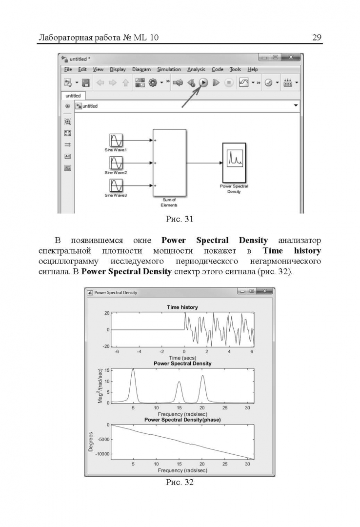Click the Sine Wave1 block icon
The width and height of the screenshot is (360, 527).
[116, 141]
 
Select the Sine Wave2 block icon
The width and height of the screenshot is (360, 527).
[116, 163]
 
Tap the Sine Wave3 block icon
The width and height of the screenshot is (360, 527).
[116, 186]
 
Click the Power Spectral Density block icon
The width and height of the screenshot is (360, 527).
[234, 162]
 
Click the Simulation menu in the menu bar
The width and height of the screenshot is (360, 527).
[169, 70]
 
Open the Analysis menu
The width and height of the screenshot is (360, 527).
[196, 70]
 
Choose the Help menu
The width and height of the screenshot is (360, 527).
[252, 70]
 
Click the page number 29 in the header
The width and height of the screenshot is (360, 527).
[317, 38]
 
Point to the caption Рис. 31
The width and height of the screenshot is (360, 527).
[180, 219]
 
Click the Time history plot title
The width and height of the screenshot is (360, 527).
[182, 307]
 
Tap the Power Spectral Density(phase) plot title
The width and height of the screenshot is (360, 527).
[182, 420]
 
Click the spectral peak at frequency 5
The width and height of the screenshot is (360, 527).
[133, 370]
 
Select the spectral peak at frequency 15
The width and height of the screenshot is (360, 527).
[179, 382]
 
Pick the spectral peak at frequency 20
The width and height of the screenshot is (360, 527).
[202, 376]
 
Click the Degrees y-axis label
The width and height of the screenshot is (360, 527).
[91, 441]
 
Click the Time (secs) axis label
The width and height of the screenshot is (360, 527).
[182, 358]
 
